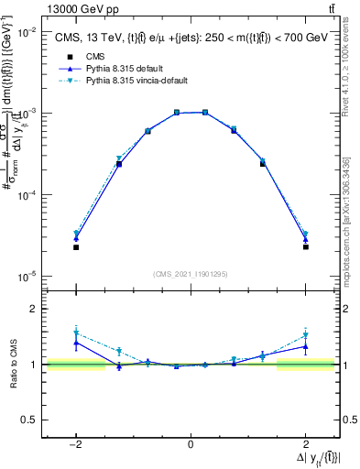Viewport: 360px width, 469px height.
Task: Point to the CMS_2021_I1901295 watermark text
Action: pyautogui.click(x=191, y=274)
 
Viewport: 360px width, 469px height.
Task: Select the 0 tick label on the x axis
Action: pyautogui.click(x=191, y=444)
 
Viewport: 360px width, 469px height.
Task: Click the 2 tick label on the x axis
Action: pyautogui.click(x=306, y=444)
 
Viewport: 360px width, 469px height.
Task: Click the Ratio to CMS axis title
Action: pyautogui.click(x=13, y=365)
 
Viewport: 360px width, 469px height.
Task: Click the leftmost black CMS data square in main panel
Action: pyautogui.click(x=76, y=247)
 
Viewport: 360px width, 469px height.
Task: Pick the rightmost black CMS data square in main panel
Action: pyautogui.click(x=305, y=247)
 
